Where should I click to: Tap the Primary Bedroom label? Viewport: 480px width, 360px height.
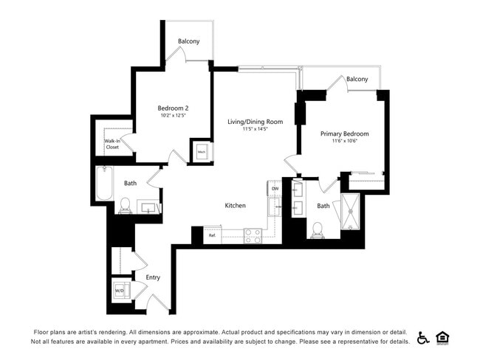coord(344,134)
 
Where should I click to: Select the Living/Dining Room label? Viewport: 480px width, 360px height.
coord(255,121)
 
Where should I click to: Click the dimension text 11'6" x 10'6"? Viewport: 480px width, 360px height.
coord(344,142)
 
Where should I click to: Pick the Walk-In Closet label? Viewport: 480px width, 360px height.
coord(112,144)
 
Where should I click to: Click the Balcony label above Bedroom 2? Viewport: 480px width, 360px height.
coord(188,41)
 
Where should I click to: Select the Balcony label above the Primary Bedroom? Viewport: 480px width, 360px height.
coord(357,79)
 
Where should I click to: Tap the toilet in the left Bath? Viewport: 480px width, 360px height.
coord(124,204)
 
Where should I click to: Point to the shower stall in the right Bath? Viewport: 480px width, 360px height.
coord(352,213)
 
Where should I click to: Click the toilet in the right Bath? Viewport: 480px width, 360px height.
coord(318,230)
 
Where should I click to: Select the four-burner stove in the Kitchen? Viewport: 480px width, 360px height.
coord(253,235)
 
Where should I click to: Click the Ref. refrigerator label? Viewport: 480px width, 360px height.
coord(212,236)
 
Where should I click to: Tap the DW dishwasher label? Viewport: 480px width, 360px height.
coord(275,189)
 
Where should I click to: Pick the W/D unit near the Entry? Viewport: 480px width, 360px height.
coord(120,290)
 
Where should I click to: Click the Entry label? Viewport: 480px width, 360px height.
coord(153,277)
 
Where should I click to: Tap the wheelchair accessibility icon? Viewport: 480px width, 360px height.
coord(423,337)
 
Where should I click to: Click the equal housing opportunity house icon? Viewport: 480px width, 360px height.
coord(443,337)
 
